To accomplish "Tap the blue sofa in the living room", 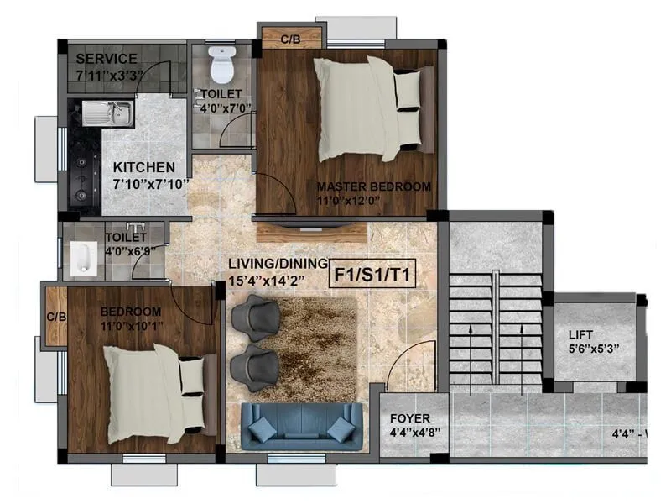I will pos(302,427).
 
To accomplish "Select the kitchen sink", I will pos(107,113).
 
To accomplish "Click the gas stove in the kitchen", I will pos(84,167).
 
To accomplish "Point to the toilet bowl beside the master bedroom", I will pos(222,66).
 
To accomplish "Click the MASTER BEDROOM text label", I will pos(373,186).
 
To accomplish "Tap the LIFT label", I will pos(580,335).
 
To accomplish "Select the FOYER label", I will pos(409,418).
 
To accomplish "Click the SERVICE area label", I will pos(106,59).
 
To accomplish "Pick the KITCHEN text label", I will pos(144,167).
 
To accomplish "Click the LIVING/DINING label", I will pos(277,264).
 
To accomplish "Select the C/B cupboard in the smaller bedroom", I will pos(56,317).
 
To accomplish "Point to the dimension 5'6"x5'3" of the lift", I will pos(593,350).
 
